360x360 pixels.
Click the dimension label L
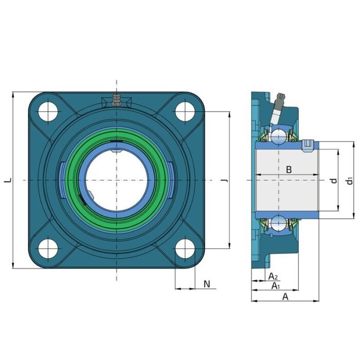pos(8,181)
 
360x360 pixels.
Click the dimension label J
pos(226,181)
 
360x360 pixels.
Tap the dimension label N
pos(207,284)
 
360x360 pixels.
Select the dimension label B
pos(289,170)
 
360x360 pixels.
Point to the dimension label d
pos(334,181)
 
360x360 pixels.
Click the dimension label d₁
pos(349,181)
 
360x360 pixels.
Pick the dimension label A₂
pos(273,277)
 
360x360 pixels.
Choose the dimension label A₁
pos(276,286)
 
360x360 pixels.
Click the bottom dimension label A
pos(285,297)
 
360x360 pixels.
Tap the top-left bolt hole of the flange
pos(48,112)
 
